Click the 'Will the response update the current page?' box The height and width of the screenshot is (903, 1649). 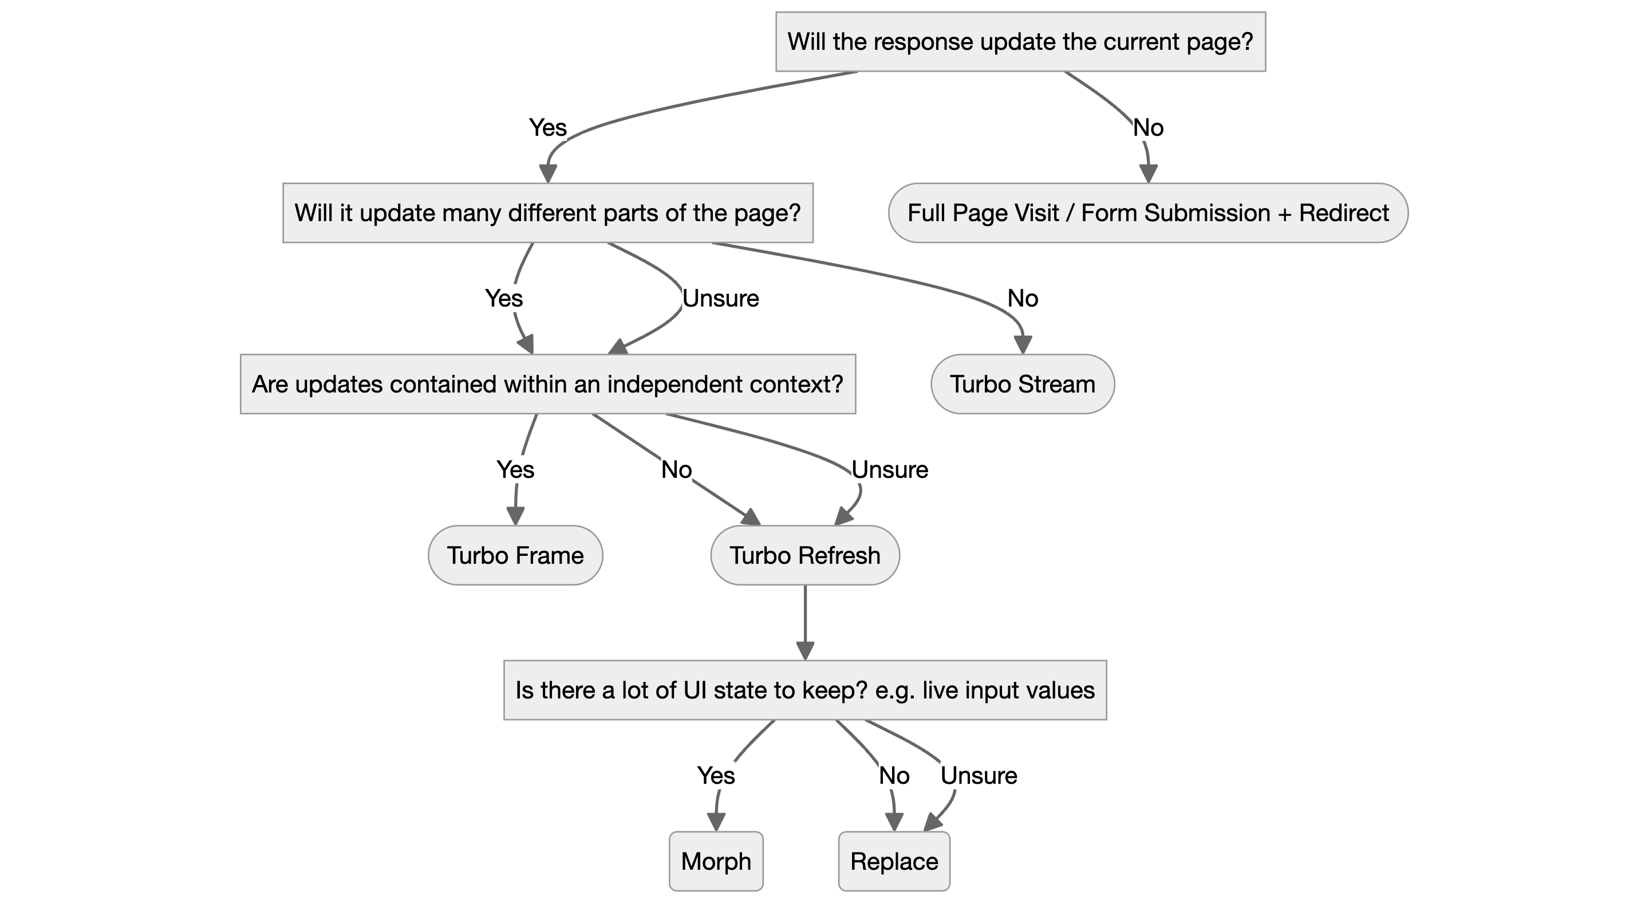1020,42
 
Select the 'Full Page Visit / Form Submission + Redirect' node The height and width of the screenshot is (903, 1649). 1148,213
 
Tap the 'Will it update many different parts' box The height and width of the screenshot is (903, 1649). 547,213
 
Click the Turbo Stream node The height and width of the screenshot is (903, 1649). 1022,384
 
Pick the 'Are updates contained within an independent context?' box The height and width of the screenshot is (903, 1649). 547,384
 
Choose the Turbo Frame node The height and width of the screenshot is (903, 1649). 515,555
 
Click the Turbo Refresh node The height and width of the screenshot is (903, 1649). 804,555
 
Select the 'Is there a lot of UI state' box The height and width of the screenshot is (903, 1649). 804,690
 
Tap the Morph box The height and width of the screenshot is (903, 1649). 716,861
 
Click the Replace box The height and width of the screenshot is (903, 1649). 894,861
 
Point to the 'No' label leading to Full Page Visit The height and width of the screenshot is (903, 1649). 1148,127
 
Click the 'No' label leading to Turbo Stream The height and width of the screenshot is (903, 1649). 1022,299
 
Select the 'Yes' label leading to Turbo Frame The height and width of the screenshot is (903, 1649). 515,470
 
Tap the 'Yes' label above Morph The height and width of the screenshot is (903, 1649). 716,776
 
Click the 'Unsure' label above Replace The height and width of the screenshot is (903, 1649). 978,776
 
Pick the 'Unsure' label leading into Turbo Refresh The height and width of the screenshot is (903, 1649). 889,470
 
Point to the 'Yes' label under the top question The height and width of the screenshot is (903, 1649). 547,127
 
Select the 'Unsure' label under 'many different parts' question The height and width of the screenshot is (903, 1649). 720,299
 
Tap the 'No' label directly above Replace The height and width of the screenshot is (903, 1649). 894,776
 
